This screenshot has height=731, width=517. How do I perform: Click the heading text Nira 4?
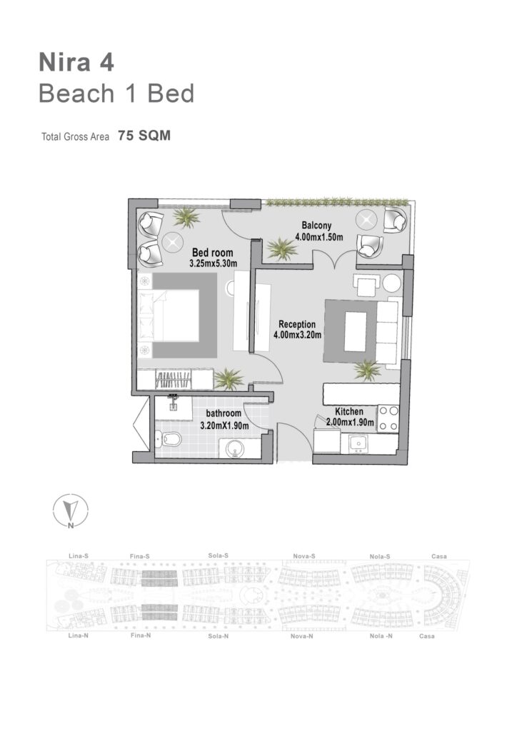76,63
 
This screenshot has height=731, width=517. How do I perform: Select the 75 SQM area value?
144,136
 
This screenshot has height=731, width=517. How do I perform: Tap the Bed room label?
213,253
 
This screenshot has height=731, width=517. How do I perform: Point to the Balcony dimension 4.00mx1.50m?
319,237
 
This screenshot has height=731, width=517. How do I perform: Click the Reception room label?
297,324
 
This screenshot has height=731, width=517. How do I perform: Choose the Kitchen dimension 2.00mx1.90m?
350,423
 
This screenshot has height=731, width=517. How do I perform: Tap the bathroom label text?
224,413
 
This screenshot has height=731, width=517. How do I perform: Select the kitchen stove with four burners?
388,418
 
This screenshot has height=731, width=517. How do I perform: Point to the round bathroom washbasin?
235,449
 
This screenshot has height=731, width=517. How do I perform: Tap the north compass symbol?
71,510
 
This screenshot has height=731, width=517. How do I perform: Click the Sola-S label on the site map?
219,555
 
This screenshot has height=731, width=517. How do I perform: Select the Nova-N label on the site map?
301,636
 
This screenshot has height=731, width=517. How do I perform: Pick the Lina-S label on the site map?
79,555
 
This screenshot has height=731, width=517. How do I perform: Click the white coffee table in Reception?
356,331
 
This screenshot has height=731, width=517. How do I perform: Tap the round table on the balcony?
366,220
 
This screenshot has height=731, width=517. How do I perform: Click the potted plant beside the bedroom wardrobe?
229,378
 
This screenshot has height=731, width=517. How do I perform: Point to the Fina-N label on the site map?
141,635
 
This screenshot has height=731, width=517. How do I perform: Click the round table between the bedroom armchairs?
173,241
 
